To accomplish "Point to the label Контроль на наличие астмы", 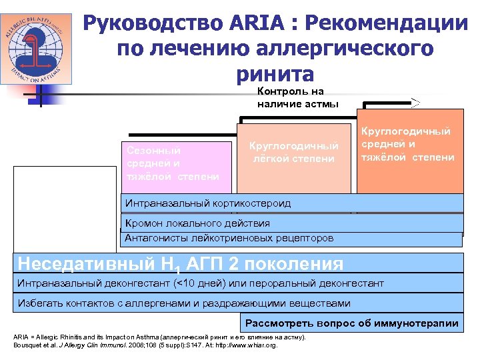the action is point(297,97).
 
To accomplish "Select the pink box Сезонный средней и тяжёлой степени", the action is point(173,163).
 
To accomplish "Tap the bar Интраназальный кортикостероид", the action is point(291,203).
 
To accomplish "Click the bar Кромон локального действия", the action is point(291,223).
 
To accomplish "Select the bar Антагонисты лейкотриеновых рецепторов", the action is point(291,238).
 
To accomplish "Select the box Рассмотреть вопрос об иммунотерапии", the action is point(352,324).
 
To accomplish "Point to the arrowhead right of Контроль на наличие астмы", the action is point(415,102).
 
